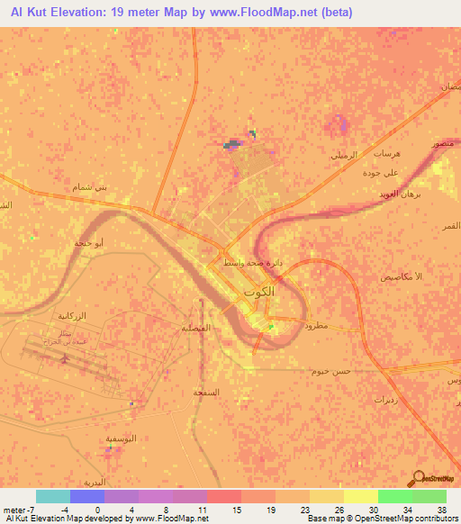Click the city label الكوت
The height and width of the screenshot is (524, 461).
(256, 294)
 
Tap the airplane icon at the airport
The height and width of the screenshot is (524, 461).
(63, 358)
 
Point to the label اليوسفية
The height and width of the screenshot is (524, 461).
(122, 438)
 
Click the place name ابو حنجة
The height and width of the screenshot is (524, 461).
(89, 243)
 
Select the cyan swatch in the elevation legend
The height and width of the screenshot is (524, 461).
(53, 496)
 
